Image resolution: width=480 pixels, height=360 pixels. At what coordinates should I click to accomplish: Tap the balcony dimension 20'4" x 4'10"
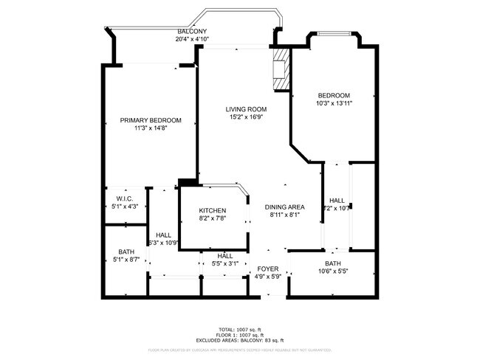pos(192,39)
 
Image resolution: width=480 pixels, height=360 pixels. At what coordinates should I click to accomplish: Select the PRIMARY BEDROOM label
pos(151,120)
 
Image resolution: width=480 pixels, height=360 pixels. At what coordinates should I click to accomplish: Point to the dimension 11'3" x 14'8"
pos(151,128)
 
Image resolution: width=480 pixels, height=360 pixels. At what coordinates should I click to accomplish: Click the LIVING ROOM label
pos(246,109)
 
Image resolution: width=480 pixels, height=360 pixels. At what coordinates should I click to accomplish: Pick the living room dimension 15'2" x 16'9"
pos(246,117)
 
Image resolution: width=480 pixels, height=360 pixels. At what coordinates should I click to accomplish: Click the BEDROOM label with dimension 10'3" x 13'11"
pos(335,95)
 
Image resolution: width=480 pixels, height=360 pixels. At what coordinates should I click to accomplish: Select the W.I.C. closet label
pos(124,198)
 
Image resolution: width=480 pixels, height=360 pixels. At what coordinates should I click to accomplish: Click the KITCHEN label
pos(212,210)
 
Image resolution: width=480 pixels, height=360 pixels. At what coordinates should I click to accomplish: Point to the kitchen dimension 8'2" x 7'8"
pos(212,218)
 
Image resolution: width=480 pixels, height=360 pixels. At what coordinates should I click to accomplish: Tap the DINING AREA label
pos(285,207)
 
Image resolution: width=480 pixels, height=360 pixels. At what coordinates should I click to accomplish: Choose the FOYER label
pos(267,269)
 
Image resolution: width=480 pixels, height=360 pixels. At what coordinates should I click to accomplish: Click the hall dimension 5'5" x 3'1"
pos(225,263)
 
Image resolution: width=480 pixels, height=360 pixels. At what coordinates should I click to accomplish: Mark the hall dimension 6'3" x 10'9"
pos(164,243)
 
